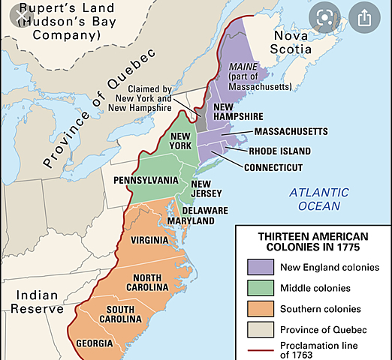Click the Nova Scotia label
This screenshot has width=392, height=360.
[291, 43]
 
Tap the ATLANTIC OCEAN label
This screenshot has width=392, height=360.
[318, 199]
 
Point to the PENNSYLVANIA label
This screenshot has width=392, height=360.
[146, 181]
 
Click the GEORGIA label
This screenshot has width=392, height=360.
[95, 344]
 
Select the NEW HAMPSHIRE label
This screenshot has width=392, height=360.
[238, 112]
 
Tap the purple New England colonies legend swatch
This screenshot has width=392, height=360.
[258, 267]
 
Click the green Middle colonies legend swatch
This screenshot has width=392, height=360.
[258, 288]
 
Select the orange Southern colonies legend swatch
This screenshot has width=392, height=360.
[258, 309]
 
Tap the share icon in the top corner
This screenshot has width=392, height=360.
[364, 16]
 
